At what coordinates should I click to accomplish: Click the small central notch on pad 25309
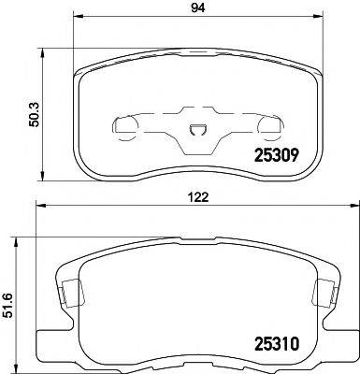point(195,133)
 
